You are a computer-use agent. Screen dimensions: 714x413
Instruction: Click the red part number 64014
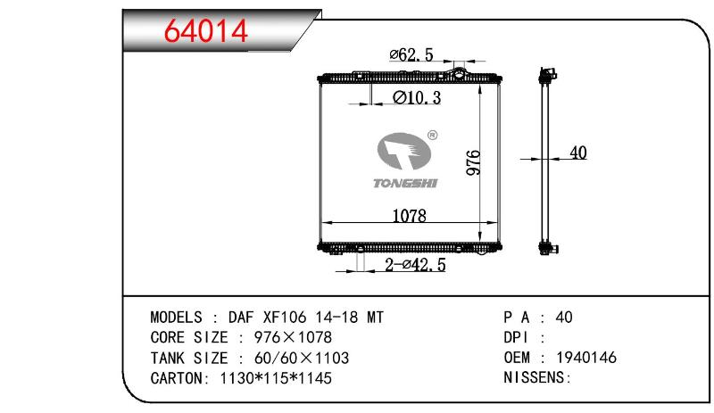click(x=206, y=31)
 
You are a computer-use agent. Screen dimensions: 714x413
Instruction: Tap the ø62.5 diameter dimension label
click(x=411, y=55)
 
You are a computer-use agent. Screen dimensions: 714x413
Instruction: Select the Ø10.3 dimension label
click(x=417, y=97)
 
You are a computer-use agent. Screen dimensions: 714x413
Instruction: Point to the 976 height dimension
click(x=474, y=162)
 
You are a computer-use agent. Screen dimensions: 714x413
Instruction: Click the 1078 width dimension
click(x=410, y=215)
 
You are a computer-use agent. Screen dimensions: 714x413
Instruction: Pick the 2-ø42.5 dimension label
click(x=415, y=265)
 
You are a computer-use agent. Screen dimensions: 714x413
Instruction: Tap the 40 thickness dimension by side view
click(x=577, y=153)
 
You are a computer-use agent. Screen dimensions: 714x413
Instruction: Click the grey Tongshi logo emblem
click(x=404, y=152)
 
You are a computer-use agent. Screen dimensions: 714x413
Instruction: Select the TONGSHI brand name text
click(x=405, y=183)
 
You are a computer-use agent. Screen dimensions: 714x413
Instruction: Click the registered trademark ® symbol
click(x=433, y=135)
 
